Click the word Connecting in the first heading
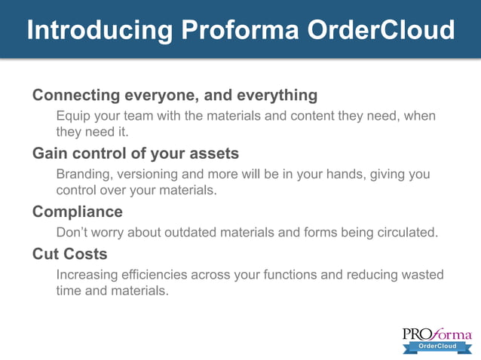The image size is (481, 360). (76, 96)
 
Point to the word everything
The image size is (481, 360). (277, 96)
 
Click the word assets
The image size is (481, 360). (214, 154)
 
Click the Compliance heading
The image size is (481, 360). (77, 212)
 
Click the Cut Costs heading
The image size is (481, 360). (69, 254)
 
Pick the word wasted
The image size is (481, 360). (421, 275)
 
